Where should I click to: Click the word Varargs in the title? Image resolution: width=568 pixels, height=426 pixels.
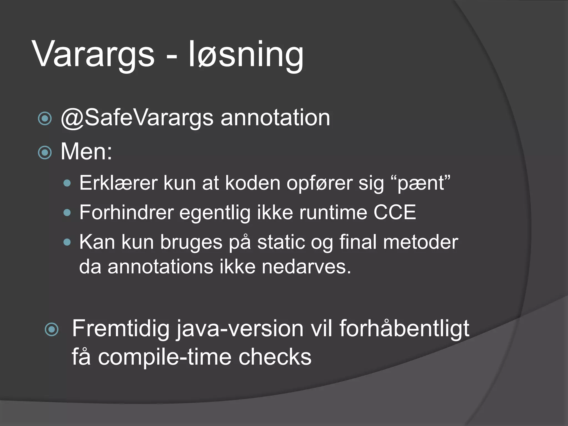[x=93, y=54]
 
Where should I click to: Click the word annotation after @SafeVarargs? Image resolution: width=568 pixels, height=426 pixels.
[x=275, y=118]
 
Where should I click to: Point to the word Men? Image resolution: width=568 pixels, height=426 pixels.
[x=86, y=152]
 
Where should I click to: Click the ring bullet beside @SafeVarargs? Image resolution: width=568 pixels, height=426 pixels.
[x=45, y=119]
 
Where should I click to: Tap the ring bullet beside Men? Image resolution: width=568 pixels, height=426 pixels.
[x=45, y=153]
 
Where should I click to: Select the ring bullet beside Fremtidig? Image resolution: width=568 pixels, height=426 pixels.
[x=52, y=329]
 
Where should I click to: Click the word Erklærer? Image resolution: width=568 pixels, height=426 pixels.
[x=118, y=183]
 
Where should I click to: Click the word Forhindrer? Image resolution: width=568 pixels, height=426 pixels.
[x=126, y=212]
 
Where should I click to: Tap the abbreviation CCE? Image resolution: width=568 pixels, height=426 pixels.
[x=395, y=212]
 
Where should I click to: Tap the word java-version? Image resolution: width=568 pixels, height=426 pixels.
[x=240, y=329]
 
